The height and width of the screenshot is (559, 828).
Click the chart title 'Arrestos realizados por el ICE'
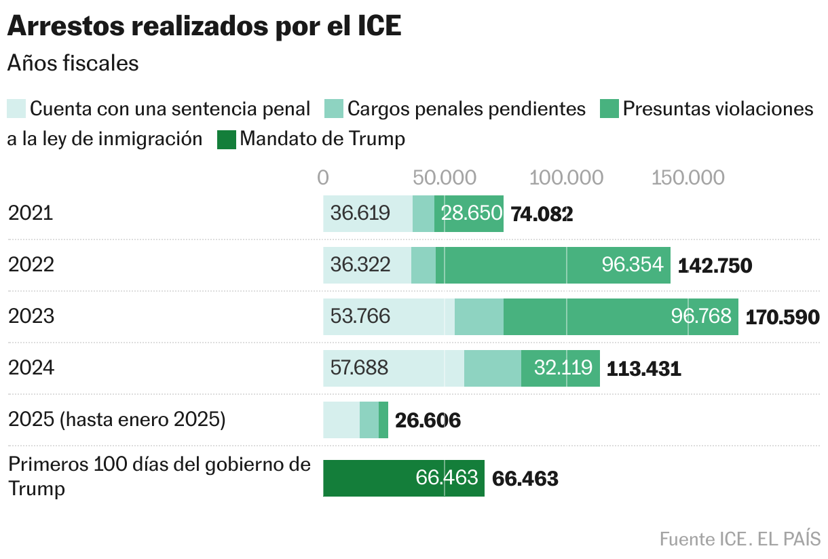pos(204,26)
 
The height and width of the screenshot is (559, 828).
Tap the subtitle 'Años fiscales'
pos(73,63)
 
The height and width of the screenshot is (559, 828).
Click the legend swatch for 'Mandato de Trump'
pos(226,139)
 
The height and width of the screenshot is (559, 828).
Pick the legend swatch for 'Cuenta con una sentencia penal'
pos(17,109)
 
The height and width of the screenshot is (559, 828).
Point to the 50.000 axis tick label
pos(445,178)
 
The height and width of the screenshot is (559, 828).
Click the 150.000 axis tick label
pos(688,178)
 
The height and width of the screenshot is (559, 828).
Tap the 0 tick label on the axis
pos(323,178)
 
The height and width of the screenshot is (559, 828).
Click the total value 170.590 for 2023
pos(783,317)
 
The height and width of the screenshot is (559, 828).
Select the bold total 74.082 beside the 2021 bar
pos(542,214)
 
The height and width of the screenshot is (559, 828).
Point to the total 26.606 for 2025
pos(428,421)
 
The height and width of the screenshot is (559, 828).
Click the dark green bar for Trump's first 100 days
pos(403,478)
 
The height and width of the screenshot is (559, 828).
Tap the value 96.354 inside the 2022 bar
pos(633,265)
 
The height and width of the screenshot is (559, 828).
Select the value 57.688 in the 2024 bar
pos(360,368)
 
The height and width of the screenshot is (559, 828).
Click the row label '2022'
pos(31,265)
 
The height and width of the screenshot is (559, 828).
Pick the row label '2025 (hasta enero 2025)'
pos(117,420)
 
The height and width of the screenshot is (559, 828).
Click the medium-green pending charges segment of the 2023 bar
pos(479,317)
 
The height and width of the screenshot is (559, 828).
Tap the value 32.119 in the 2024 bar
pos(563,368)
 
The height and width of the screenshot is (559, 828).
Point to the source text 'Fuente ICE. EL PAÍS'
pos(740,539)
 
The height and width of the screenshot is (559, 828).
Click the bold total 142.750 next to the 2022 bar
pos(715,265)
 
